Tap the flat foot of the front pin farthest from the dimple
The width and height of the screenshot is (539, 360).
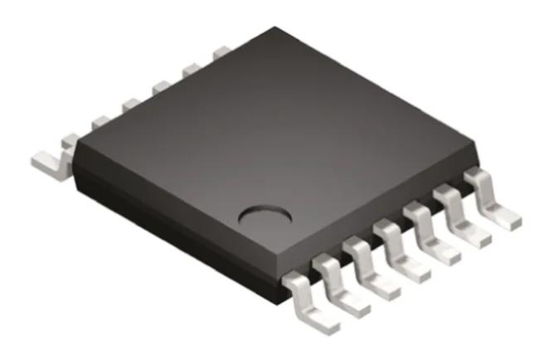tap(503, 218)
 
